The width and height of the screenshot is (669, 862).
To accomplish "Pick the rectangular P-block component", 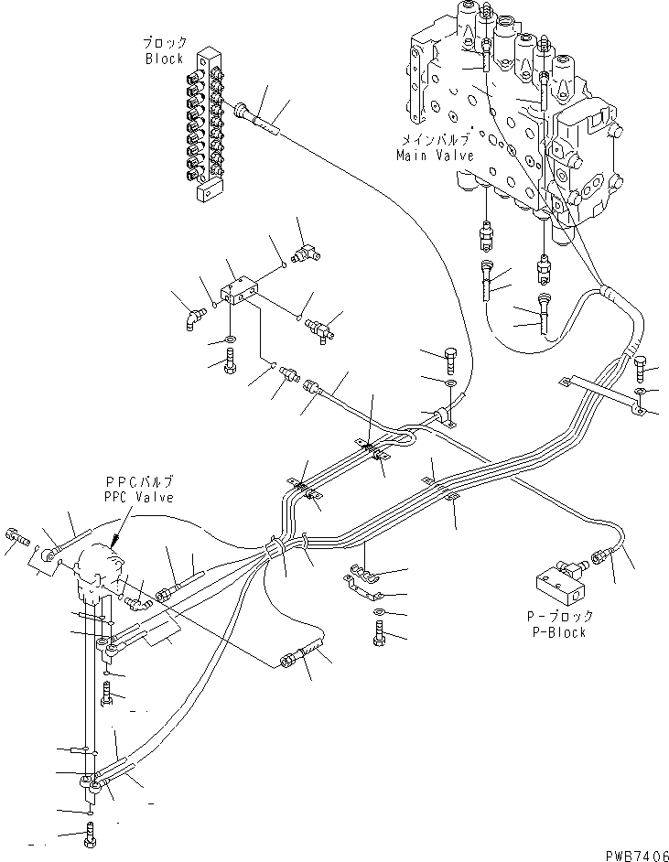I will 559,582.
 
